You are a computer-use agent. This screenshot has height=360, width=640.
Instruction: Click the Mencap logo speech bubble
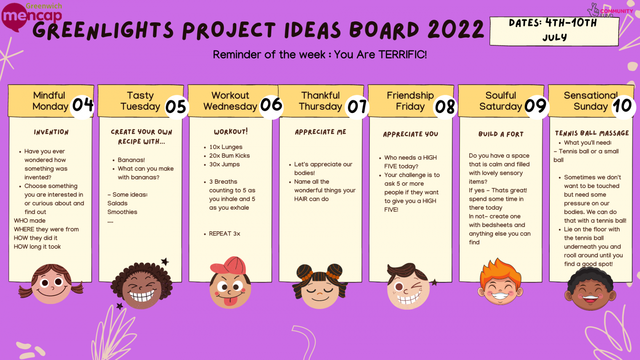(x=14, y=17)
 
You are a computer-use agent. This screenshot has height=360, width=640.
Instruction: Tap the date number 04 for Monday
(x=83, y=105)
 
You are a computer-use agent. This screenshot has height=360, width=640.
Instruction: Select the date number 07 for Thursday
(x=357, y=106)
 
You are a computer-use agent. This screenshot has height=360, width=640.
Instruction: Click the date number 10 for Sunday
(x=622, y=106)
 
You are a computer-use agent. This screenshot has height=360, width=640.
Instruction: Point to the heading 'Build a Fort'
(x=501, y=134)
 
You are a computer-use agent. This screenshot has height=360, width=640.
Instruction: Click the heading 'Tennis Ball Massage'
(x=592, y=133)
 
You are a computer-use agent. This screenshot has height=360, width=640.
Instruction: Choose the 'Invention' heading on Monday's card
(x=51, y=132)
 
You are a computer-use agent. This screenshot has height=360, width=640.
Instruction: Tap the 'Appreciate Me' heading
(x=320, y=132)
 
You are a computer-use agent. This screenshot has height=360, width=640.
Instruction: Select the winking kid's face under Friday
(x=408, y=289)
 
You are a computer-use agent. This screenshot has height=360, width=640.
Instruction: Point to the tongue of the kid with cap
(x=231, y=301)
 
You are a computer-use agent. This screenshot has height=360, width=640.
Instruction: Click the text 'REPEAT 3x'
(x=225, y=233)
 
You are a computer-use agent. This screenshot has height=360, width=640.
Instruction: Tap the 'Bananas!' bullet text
(x=131, y=160)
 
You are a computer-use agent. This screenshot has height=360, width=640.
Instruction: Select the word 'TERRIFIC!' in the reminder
(x=402, y=55)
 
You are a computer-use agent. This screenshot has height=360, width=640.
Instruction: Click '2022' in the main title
(x=456, y=29)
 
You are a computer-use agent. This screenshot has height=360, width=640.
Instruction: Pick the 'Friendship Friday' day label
(x=410, y=101)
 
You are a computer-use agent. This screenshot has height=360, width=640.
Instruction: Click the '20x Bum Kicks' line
(x=229, y=156)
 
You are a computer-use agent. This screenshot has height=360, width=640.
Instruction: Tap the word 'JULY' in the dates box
(x=555, y=37)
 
